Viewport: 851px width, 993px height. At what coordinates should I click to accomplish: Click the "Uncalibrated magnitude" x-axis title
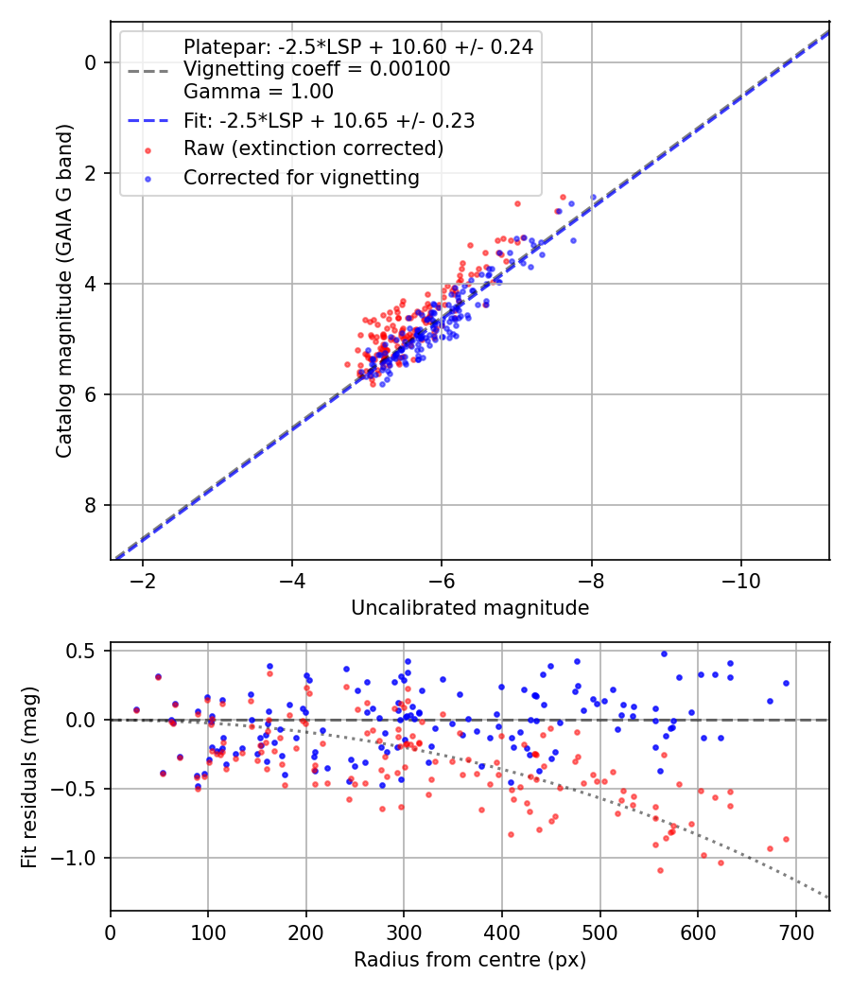(470, 608)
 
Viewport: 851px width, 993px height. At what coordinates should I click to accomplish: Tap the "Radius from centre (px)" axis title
(470, 960)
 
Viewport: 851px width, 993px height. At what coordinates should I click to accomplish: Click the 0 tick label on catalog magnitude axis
(91, 62)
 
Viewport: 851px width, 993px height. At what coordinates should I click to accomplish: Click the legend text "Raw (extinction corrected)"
(313, 148)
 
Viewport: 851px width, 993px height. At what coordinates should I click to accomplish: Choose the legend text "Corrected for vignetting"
(301, 177)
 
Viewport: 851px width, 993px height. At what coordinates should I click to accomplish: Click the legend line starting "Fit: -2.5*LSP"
(329, 120)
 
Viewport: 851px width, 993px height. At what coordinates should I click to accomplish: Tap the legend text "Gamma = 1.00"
(258, 92)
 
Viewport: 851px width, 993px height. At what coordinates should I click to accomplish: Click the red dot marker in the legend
(147, 149)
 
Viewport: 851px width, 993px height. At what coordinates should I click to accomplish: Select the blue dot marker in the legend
(147, 178)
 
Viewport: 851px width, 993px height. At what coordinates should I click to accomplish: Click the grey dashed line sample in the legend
(147, 69)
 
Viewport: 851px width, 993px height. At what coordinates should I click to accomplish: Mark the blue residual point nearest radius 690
(786, 683)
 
